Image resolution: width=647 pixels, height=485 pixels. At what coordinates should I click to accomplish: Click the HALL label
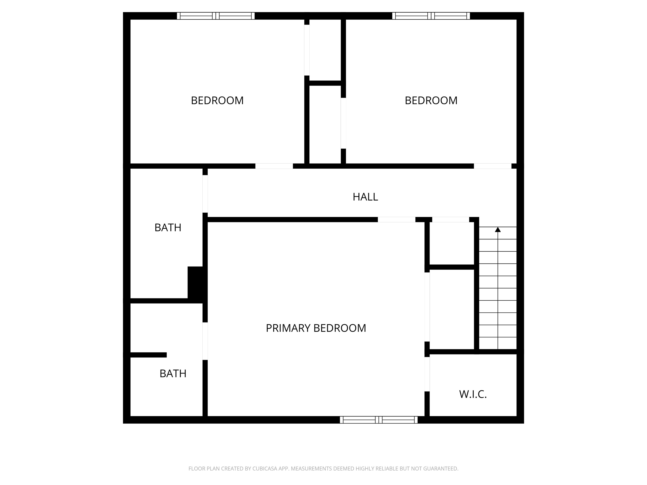point(365,197)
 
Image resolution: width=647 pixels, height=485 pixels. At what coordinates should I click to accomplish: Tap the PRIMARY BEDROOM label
point(316,328)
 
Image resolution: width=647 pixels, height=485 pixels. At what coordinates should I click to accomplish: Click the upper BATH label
point(168,227)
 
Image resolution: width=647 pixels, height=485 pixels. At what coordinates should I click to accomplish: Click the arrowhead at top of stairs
point(498,229)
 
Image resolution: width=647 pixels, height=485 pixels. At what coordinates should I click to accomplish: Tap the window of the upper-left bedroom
point(216,16)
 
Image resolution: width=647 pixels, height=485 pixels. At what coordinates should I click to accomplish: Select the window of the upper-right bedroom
point(431,16)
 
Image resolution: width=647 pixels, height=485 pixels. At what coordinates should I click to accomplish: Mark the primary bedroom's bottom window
point(379,420)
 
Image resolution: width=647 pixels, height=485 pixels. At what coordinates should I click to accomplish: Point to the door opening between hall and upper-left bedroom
point(274,166)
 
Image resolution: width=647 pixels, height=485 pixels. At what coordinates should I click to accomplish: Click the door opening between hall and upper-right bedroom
point(493,166)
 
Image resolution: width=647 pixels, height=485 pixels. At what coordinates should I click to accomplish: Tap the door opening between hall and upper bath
point(205,194)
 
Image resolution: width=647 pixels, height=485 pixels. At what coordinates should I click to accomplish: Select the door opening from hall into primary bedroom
point(396,220)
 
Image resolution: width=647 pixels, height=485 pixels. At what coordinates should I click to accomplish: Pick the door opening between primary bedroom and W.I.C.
point(427,374)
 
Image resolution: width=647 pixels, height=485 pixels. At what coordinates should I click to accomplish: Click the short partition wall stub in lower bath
point(148,355)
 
